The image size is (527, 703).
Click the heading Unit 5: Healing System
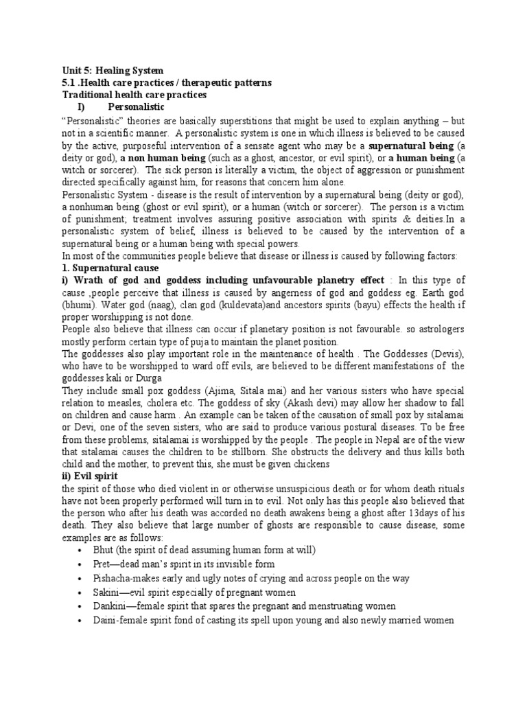[113, 70]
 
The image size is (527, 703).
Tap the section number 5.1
[70, 82]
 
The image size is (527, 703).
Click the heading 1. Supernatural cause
[110, 268]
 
